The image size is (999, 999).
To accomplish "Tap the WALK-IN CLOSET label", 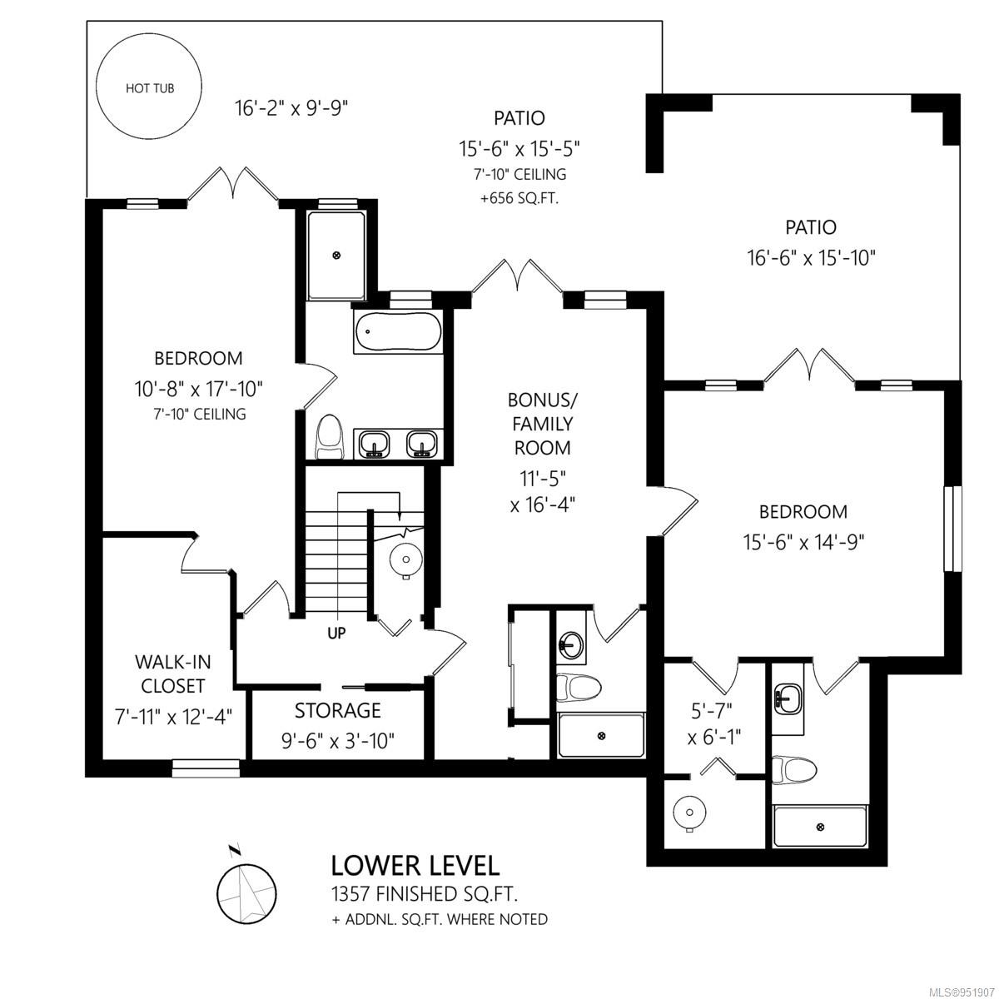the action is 172,674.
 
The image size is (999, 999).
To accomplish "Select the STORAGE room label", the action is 338,710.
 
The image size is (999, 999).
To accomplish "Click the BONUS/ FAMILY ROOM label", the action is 542,424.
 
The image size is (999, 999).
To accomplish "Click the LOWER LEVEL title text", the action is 415,866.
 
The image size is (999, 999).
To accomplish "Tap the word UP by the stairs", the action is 336,633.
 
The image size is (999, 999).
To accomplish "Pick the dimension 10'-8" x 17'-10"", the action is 199,389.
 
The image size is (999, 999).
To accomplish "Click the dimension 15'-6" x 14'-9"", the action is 803,543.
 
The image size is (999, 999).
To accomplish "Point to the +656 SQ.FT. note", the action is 519,199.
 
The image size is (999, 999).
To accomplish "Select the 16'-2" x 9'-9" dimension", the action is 291,109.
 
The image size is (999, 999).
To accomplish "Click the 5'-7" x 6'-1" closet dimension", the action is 714,723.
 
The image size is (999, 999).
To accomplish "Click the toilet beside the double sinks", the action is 330,437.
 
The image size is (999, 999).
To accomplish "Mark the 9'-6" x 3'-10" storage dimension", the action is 338,742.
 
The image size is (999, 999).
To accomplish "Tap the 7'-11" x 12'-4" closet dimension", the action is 173,718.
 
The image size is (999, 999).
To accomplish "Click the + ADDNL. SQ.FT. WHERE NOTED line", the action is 440,919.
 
